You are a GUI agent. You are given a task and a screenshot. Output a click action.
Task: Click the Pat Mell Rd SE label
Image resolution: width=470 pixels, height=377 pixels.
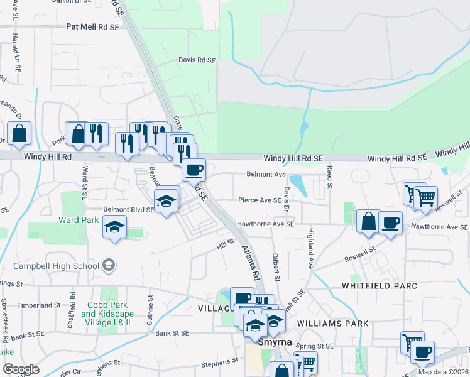click(92, 27)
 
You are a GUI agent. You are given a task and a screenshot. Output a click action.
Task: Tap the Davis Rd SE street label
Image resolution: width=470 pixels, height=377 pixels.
click(197, 60)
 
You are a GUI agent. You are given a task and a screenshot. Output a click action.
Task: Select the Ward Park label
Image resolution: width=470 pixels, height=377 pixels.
click(79, 220)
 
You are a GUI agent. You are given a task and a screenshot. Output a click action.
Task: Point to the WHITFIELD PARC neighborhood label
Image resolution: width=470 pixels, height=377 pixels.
click(379, 285)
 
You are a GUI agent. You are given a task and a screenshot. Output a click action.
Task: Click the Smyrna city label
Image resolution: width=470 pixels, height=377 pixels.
click(272, 344)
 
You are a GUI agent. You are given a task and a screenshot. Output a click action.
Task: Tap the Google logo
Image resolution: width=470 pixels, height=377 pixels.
click(21, 369)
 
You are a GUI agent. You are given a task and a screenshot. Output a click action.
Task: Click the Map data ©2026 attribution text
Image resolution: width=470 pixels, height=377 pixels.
click(443, 372)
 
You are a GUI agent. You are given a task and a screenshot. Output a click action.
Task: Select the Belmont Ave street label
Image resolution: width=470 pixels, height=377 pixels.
click(266, 174)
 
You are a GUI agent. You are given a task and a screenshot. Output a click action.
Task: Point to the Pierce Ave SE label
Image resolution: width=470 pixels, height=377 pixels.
click(259, 200)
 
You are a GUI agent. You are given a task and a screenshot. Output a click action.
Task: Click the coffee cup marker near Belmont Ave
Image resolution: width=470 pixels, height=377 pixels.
click(194, 169)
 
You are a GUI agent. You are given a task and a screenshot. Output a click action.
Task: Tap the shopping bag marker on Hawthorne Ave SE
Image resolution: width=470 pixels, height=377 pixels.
click(368, 221)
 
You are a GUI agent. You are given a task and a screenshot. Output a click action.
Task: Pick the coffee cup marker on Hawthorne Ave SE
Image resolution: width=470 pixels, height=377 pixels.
click(390, 223)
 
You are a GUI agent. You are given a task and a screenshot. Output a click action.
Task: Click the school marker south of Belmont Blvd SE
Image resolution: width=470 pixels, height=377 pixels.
click(115, 227)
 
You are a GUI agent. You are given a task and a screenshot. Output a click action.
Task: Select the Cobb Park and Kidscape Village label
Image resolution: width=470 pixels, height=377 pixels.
click(106, 313)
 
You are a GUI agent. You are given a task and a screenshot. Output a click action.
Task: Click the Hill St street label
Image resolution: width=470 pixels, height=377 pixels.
click(226, 242)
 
